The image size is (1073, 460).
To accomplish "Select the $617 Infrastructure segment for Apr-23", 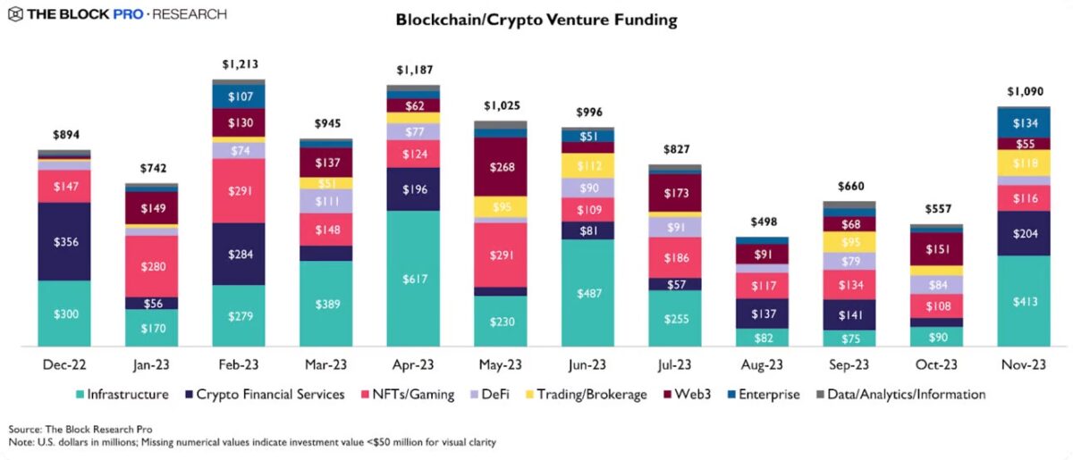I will (413, 278).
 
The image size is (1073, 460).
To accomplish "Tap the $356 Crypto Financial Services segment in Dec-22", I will (63, 241).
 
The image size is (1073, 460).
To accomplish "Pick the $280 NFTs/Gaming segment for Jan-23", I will (151, 266).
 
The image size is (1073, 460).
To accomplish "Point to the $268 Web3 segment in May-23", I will (501, 166).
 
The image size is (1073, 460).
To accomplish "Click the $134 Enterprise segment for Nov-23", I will (1025, 122).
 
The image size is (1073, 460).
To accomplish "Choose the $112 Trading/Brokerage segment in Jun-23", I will (588, 165).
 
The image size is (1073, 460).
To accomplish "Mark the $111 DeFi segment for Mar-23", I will (326, 201).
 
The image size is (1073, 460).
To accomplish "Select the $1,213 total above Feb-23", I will (239, 64).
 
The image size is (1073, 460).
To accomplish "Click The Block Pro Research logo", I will (116, 14).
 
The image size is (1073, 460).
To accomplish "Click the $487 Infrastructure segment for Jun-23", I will (588, 293).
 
